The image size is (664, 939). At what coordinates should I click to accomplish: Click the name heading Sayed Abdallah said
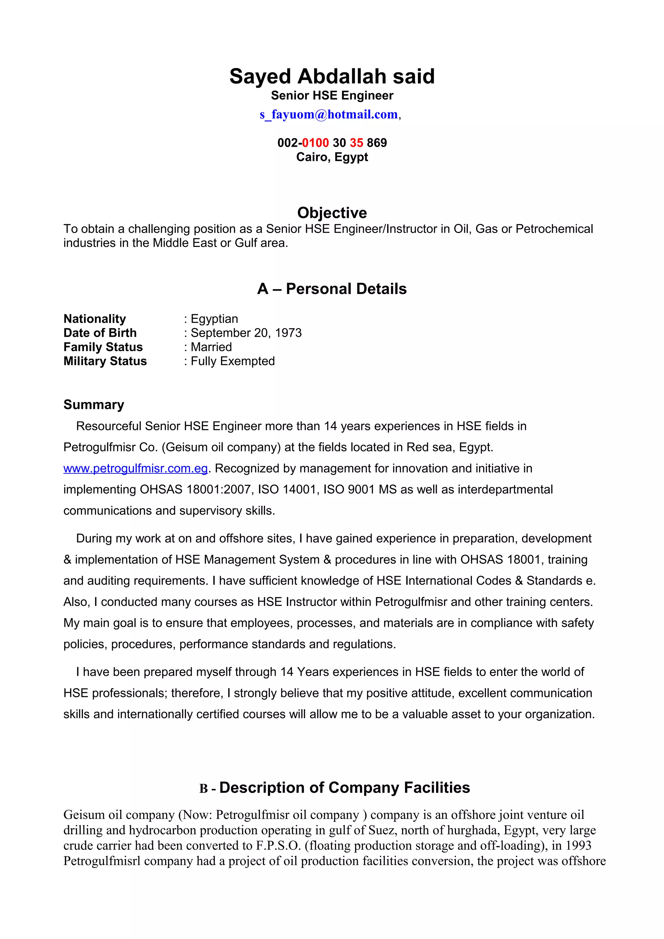click(x=332, y=76)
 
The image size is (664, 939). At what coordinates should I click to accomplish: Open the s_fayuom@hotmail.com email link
click(x=328, y=114)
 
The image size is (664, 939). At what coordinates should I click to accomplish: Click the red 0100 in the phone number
click(x=315, y=143)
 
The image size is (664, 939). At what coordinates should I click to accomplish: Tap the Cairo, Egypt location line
click(x=332, y=157)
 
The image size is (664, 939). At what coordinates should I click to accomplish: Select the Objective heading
click(x=332, y=213)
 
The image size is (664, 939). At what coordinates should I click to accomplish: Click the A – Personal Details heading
click(x=332, y=289)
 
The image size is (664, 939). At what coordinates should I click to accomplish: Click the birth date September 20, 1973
click(x=246, y=333)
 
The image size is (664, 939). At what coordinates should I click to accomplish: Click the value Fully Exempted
click(x=232, y=361)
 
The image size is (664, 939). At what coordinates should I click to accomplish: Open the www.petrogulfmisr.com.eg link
click(x=136, y=468)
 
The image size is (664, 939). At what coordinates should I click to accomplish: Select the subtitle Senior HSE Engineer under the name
click(x=332, y=96)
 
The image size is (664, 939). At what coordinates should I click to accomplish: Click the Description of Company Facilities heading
click(x=344, y=788)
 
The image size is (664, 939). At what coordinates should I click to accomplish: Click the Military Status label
click(x=105, y=361)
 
